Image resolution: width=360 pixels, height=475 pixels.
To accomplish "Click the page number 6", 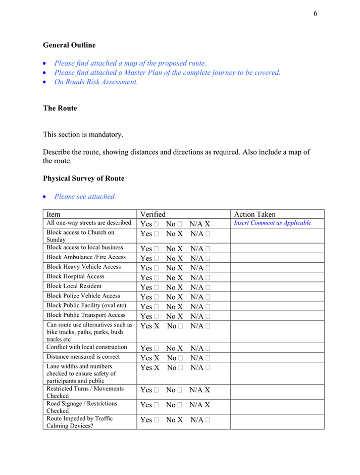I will tap(315, 14).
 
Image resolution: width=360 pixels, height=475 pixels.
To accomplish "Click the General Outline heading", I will tap(69, 45).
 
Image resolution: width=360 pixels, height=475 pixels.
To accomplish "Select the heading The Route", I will tap(60, 108).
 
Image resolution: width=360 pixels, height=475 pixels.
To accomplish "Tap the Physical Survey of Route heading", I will tap(83, 178).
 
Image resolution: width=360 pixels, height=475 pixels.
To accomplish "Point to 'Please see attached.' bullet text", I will tap(85, 197).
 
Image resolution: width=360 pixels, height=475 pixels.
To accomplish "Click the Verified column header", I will tap(153, 214).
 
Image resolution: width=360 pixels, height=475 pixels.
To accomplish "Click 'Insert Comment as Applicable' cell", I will tap(273, 223).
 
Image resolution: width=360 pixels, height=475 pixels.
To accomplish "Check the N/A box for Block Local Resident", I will tap(208, 288).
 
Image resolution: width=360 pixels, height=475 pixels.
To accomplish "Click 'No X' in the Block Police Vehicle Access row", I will tap(175, 297).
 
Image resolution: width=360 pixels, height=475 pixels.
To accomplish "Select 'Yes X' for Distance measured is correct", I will tap(150, 358).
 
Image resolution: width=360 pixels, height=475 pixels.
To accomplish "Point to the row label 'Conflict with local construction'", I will tap(87, 347).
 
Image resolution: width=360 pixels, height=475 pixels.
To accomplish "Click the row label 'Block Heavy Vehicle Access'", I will tap(84, 267).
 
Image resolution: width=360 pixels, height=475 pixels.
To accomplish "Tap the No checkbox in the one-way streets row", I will tap(180, 224).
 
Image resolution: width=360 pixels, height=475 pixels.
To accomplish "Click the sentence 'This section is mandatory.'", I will tap(83, 135).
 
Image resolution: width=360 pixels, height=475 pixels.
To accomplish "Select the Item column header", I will tap(54, 214).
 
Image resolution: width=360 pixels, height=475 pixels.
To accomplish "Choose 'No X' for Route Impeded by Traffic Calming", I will tap(175, 420).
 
